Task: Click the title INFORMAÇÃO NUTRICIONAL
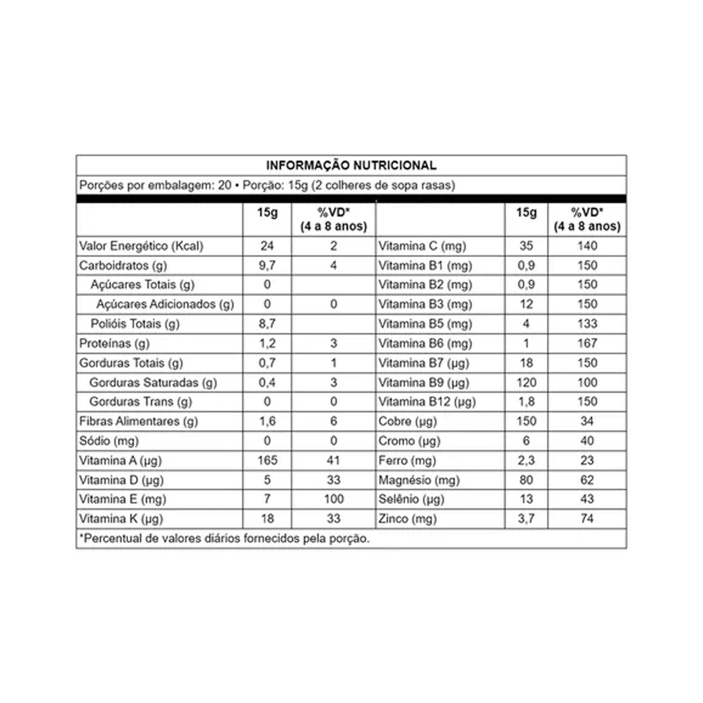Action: (351, 165)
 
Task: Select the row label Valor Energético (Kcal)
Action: (141, 246)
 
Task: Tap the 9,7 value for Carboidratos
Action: (267, 266)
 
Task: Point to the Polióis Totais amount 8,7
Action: (267, 324)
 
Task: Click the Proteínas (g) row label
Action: (114, 344)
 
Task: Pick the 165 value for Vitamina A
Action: (267, 460)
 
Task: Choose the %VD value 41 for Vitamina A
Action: (333, 460)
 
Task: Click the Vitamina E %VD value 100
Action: (333, 499)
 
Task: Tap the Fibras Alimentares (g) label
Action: (139, 421)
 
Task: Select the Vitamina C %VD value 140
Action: (587, 246)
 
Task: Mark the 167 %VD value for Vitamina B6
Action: (587, 344)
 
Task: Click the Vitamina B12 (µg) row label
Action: (427, 402)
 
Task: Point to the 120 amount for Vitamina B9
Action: (526, 382)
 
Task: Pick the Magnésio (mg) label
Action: (419, 480)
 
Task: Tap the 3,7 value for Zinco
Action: (526, 519)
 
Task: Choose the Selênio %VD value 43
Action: (587, 499)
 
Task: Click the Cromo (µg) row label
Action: (409, 441)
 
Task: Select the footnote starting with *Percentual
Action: (224, 538)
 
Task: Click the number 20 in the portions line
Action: (224, 186)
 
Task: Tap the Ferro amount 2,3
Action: (526, 460)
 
